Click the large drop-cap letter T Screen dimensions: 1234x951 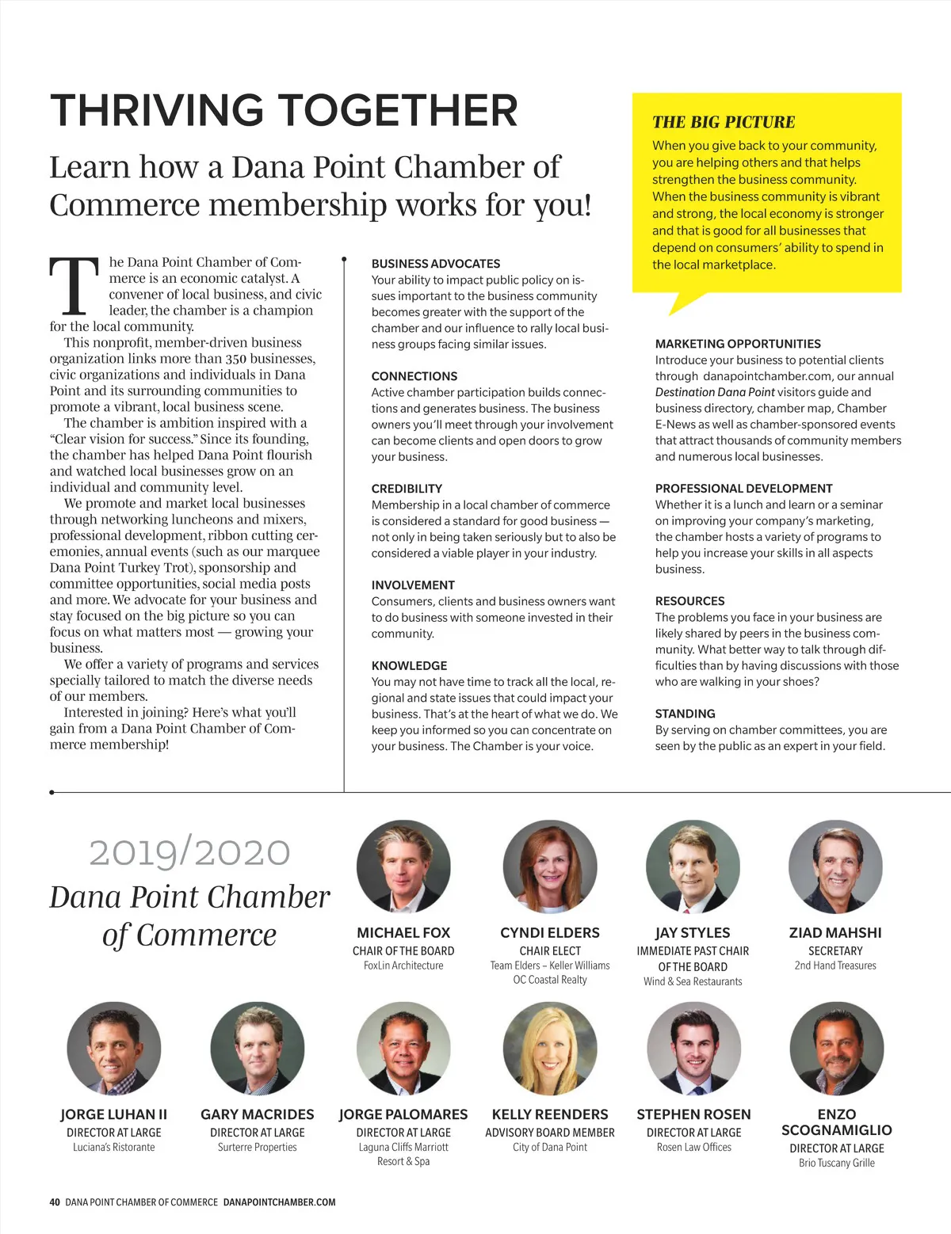pos(74,285)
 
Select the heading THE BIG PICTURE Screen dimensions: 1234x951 pos(723,122)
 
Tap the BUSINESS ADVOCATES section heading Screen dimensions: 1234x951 pos(436,264)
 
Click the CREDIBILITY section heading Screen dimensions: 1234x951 pos(407,489)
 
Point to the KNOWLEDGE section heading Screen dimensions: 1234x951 pos(409,665)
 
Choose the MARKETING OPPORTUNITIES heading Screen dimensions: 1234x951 pos(738,344)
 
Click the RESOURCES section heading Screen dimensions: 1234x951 pos(689,601)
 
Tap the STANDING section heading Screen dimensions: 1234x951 pos(685,714)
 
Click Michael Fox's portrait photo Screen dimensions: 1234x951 pos(403,867)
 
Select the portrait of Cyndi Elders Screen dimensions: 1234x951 pos(550,867)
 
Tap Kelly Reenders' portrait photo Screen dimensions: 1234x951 pos(550,1049)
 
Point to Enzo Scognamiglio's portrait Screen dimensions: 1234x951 pos(836,1049)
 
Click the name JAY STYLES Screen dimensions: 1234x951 pos(693,933)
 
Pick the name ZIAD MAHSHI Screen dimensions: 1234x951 pos(835,933)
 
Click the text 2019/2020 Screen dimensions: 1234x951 pos(189,852)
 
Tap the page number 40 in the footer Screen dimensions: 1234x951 pos(55,1202)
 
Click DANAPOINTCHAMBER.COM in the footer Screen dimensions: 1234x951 pos(279,1202)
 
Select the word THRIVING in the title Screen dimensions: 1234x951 pos(157,111)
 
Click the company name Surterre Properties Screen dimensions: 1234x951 pos(258,1147)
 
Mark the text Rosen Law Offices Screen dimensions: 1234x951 pos(693,1147)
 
